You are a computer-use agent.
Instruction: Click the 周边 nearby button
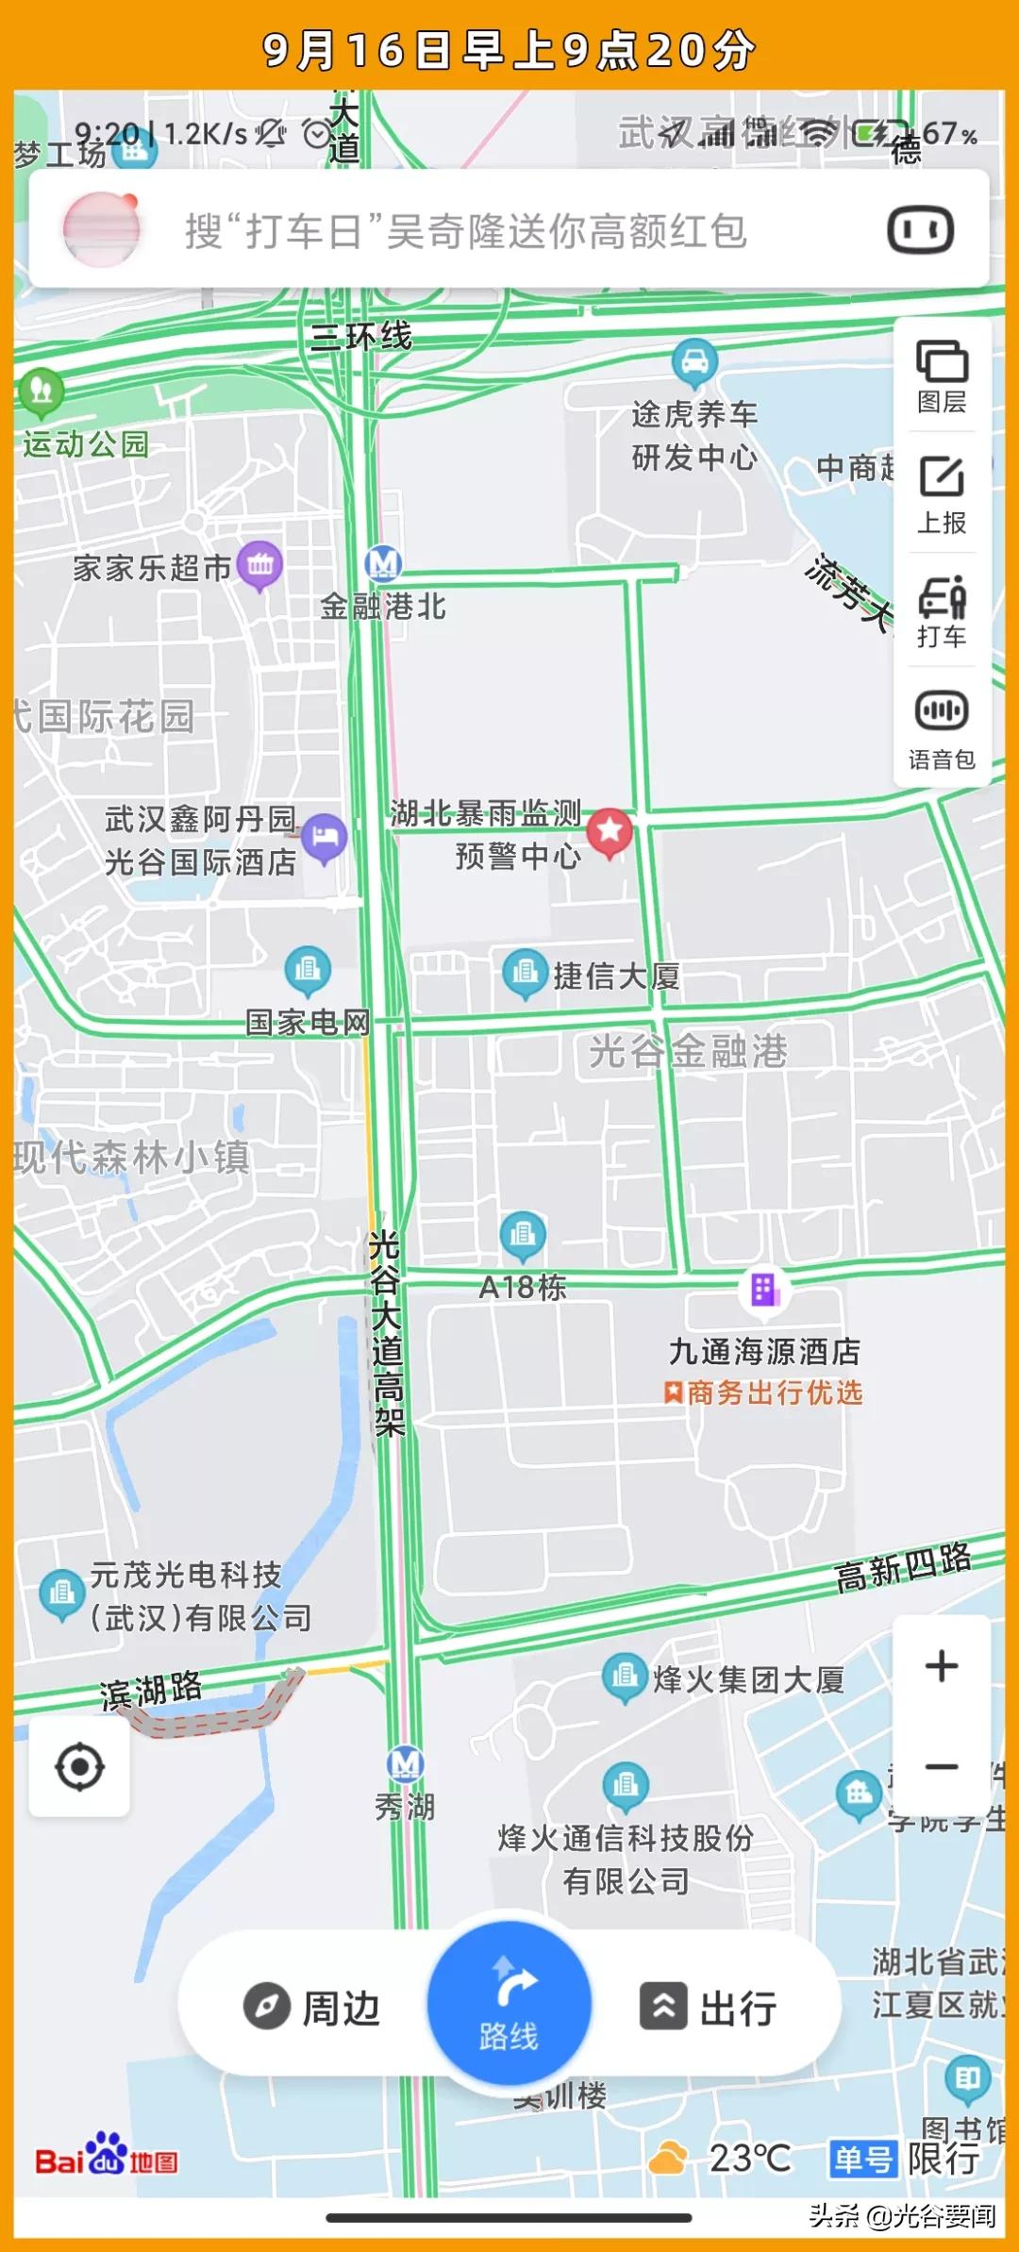click(x=312, y=2008)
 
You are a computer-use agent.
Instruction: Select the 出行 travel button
click(x=710, y=2008)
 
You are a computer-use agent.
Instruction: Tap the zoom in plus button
click(x=942, y=1665)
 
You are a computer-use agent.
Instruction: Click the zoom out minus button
click(x=942, y=1766)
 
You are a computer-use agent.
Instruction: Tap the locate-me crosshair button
click(x=80, y=1766)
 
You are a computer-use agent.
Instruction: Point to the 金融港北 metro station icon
click(x=383, y=564)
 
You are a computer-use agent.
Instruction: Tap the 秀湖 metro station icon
click(x=405, y=1762)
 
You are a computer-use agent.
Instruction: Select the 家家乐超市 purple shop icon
click(x=260, y=565)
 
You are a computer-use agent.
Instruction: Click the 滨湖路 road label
click(x=151, y=1689)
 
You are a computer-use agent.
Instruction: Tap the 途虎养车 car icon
click(x=694, y=361)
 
